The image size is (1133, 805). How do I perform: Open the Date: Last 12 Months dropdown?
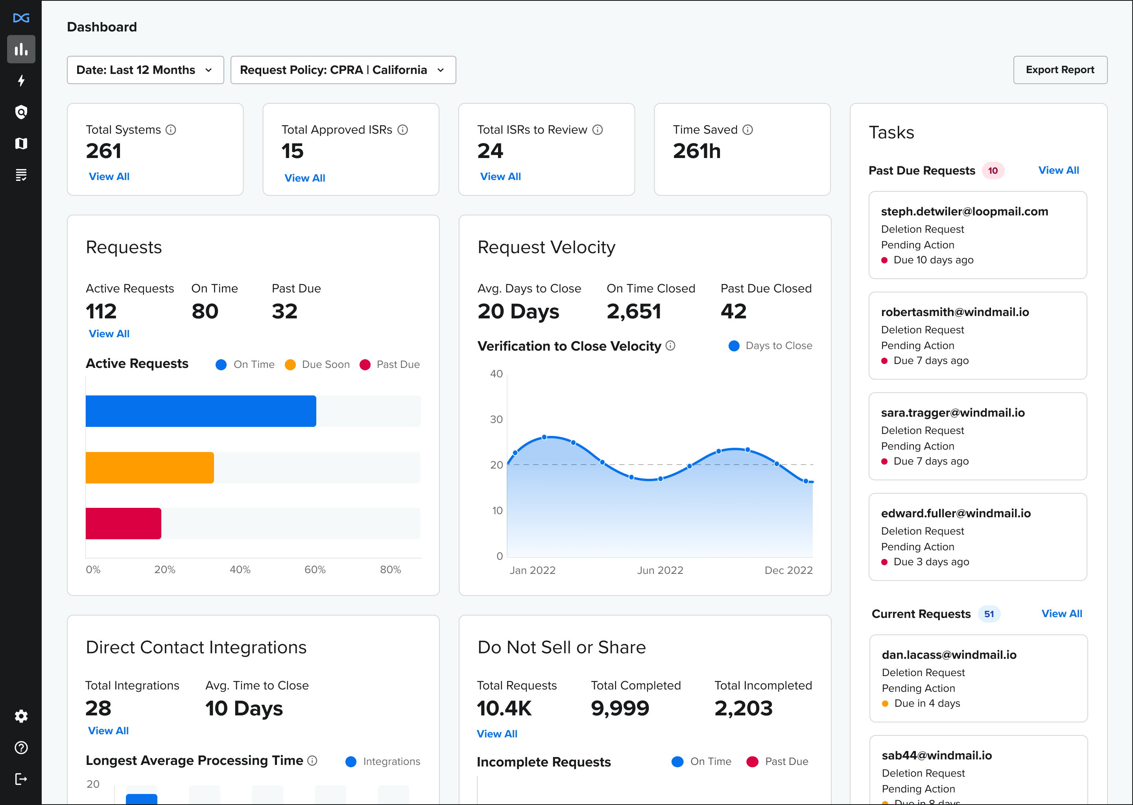tap(145, 70)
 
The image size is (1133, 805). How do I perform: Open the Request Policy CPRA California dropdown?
tap(343, 70)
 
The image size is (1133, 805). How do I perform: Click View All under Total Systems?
tap(109, 176)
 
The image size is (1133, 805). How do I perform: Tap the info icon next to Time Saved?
tap(747, 130)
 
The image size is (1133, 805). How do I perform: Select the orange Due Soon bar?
tap(149, 467)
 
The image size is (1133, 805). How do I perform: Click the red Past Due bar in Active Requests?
tap(123, 524)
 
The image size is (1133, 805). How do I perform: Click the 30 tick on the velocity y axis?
tap(496, 419)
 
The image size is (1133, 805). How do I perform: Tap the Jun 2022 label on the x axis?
tap(660, 570)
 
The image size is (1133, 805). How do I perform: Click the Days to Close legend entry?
tap(770, 346)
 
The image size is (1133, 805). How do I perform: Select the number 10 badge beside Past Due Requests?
tap(993, 171)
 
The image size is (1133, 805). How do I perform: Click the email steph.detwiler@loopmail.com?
tap(964, 211)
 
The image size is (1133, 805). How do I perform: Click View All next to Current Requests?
tap(1061, 614)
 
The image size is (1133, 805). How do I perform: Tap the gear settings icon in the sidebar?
tap(21, 716)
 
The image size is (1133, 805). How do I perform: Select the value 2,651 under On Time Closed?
tap(633, 311)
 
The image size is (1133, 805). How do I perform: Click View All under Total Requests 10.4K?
tap(496, 733)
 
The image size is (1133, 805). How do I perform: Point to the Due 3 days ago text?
tap(931, 562)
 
